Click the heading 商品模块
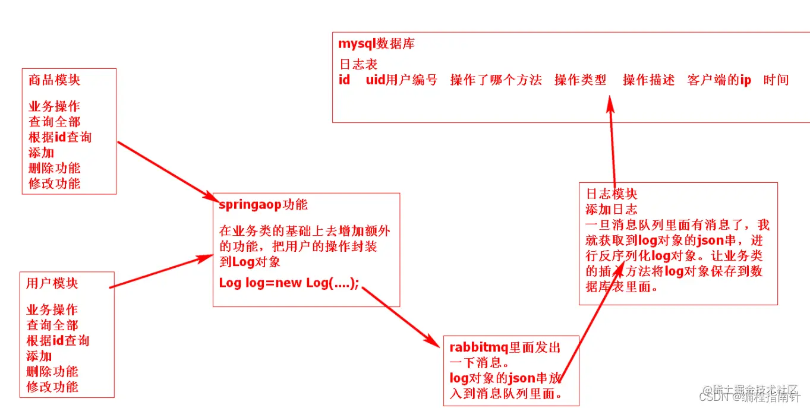(54, 80)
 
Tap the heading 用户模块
(52, 283)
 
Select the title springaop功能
(263, 205)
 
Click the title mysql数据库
(376, 43)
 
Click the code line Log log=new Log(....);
(289, 283)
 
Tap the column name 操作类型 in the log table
(580, 80)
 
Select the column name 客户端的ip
(719, 80)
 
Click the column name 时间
(776, 80)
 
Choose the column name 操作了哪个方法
(496, 80)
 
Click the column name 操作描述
(648, 80)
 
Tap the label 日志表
(358, 64)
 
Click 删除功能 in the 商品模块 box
(54, 168)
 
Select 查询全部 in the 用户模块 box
(52, 325)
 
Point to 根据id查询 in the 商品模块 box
(60, 137)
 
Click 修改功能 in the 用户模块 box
(52, 387)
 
